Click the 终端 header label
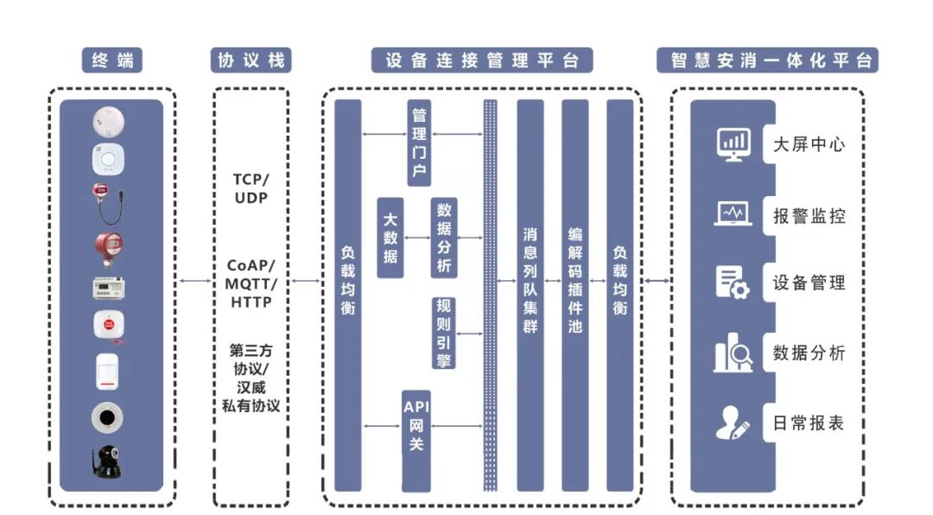111,60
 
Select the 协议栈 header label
251,60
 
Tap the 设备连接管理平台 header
483,60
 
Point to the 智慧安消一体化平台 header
767,60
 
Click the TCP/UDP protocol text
251,188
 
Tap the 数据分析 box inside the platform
444,238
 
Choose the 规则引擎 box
444,333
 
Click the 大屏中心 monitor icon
733,143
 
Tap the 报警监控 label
809,215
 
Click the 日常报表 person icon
732,423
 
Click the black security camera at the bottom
108,462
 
